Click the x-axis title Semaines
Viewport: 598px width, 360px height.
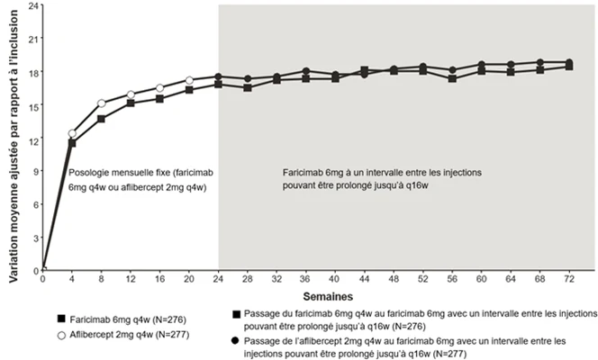pos(328,296)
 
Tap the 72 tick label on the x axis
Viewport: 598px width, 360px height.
pos(569,279)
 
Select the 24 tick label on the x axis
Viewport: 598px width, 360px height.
pos(218,279)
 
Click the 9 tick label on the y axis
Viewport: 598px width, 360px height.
pos(36,171)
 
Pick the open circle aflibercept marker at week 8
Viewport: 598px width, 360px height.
pos(102,103)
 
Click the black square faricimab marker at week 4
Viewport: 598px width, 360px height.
pos(72,143)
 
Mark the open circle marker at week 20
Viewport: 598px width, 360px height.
pos(189,80)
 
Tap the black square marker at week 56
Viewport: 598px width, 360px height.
pos(452,79)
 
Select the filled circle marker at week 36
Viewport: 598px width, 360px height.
pos(306,71)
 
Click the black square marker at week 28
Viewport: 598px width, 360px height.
pos(248,88)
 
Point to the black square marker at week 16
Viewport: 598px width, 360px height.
pos(159,99)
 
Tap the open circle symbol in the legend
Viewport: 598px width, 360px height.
pos(61,336)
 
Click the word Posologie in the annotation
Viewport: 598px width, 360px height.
pos(86,173)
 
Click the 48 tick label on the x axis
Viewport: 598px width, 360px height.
pos(394,279)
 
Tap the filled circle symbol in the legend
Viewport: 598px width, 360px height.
pos(236,340)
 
